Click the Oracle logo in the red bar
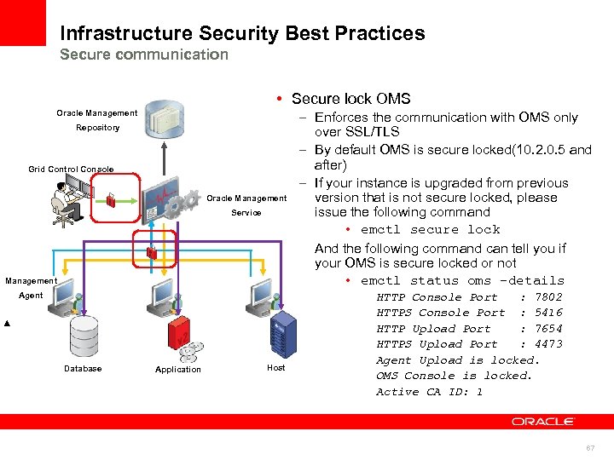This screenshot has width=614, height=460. pyautogui.click(x=543, y=421)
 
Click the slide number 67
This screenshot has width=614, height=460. pyautogui.click(x=590, y=447)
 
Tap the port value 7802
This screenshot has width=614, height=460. pyautogui.click(x=548, y=297)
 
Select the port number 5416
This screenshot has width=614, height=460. pyautogui.click(x=548, y=313)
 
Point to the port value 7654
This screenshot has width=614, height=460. pyautogui.click(x=548, y=329)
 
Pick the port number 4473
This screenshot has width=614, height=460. pyautogui.click(x=548, y=344)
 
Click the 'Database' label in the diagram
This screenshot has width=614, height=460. pyautogui.click(x=83, y=369)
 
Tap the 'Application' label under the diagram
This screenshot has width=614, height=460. pyautogui.click(x=178, y=370)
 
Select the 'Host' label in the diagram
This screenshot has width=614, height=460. pyautogui.click(x=276, y=368)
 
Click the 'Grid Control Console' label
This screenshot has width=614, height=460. pyautogui.click(x=71, y=170)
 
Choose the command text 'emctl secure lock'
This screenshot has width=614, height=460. pyautogui.click(x=430, y=230)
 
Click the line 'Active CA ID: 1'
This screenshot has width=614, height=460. pyautogui.click(x=430, y=392)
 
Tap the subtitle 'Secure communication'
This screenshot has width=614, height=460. pyautogui.click(x=144, y=55)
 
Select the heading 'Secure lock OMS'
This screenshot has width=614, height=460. pyautogui.click(x=350, y=99)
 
